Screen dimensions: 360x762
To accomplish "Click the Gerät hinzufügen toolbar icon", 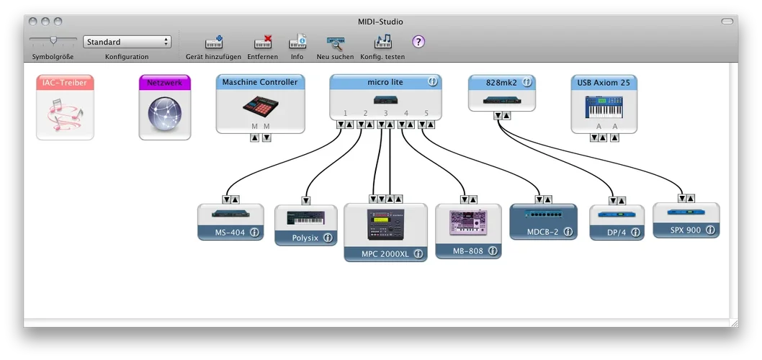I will point(214,42).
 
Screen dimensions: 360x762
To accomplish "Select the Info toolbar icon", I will point(297,42).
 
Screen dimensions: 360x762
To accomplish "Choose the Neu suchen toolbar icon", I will point(335,42).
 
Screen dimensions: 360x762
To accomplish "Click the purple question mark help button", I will point(418,42).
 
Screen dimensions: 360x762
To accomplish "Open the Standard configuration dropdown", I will point(127,42).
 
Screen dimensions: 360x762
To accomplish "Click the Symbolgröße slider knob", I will point(53,40).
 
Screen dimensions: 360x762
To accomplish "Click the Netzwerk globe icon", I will point(164,114).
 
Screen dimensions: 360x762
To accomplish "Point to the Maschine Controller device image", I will point(260,106).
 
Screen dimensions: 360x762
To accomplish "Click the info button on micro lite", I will point(433,82).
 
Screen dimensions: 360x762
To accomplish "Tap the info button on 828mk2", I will point(526,82).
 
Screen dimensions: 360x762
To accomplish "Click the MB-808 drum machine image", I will point(467,222).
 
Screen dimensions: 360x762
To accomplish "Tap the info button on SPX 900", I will point(710,230).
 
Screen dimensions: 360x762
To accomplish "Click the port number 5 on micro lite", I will point(426,113).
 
